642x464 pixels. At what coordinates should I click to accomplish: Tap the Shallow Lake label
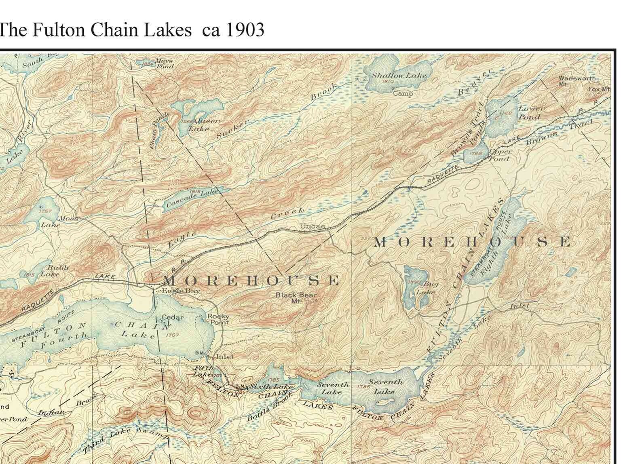pyautogui.click(x=399, y=75)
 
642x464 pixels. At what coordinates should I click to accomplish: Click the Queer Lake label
pyautogui.click(x=207, y=124)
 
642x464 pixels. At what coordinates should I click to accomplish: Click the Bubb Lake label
pyautogui.click(x=53, y=270)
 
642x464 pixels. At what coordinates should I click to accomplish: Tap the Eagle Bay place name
pyautogui.click(x=181, y=291)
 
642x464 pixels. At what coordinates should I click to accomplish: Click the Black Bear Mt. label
pyautogui.click(x=296, y=297)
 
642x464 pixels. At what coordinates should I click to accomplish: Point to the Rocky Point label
pyautogui.click(x=219, y=319)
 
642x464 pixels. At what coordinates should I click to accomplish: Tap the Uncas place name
pyautogui.click(x=312, y=226)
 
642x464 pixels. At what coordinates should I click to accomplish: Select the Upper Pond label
pyautogui.click(x=501, y=155)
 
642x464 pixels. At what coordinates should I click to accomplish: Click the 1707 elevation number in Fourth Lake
pyautogui.click(x=172, y=335)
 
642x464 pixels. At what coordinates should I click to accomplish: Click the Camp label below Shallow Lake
pyautogui.click(x=403, y=94)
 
